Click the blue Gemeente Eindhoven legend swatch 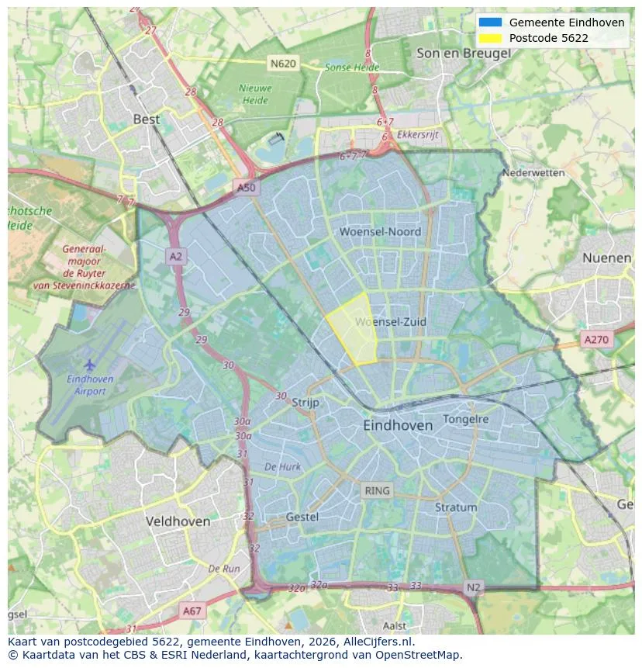[491, 22]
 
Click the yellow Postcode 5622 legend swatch [491, 38]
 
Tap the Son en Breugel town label [463, 53]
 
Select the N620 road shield [283, 64]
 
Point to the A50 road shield [246, 188]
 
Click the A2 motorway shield [176, 255]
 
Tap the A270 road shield [596, 339]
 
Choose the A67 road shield [192, 611]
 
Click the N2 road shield [474, 587]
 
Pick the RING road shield [378, 490]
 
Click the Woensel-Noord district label [380, 231]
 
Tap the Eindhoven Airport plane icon [90, 364]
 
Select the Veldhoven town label [178, 521]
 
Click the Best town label [147, 119]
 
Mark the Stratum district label [456, 507]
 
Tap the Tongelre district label [466, 419]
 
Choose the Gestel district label [302, 517]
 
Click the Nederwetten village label [533, 173]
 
